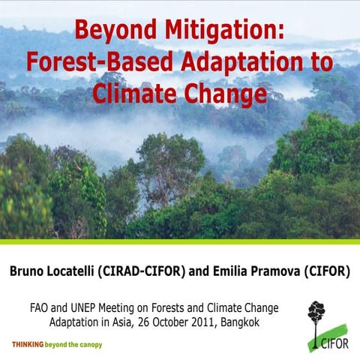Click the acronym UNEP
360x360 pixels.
click(91, 307)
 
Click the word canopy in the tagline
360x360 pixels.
click(87, 345)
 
